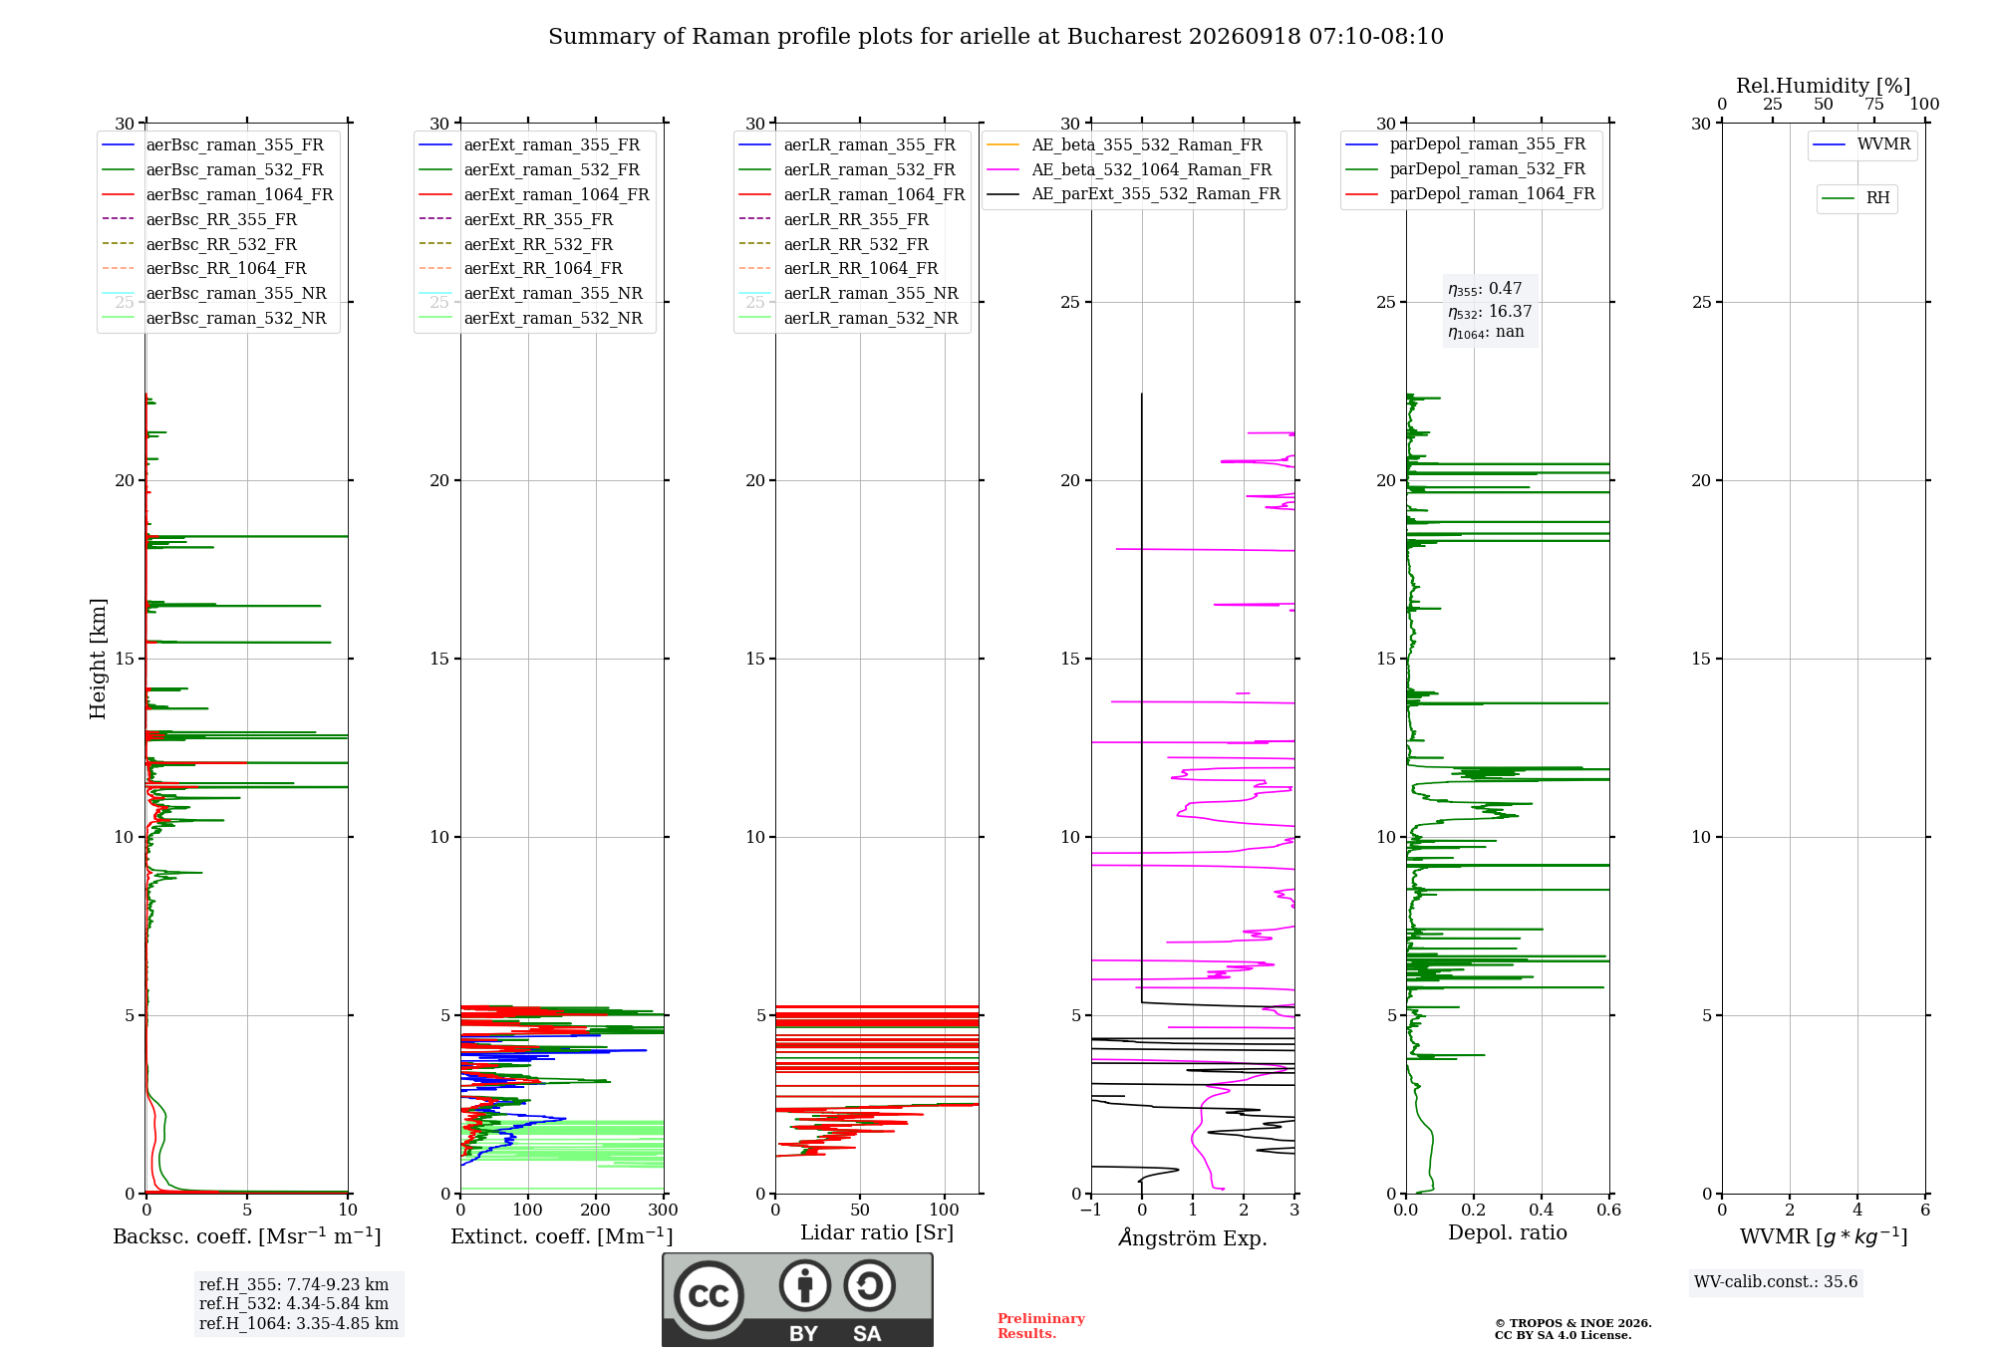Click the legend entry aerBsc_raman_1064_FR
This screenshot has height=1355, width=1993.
(218, 194)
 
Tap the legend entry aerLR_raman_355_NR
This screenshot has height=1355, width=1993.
(849, 293)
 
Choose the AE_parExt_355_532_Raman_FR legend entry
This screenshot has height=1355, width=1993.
(1134, 193)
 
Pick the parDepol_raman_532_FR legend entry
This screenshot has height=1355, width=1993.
(1466, 169)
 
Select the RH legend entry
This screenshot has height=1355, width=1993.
(1855, 198)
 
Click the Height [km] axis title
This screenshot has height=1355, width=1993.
(98, 659)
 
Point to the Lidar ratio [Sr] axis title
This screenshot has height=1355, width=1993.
(877, 1232)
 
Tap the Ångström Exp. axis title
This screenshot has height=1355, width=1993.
(1193, 1237)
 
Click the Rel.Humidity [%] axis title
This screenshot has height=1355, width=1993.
(1824, 86)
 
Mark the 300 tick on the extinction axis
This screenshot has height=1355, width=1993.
(663, 1210)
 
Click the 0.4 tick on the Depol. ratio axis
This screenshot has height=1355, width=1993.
(1542, 1210)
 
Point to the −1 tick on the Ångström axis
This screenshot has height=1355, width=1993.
(1091, 1210)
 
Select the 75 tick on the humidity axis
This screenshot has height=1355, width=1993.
(1874, 104)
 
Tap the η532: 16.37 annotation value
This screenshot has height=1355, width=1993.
(1490, 311)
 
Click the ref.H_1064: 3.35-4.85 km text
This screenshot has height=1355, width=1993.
(299, 1324)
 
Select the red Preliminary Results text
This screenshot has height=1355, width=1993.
(1041, 1326)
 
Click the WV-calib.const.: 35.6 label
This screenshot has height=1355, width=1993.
(1776, 1282)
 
